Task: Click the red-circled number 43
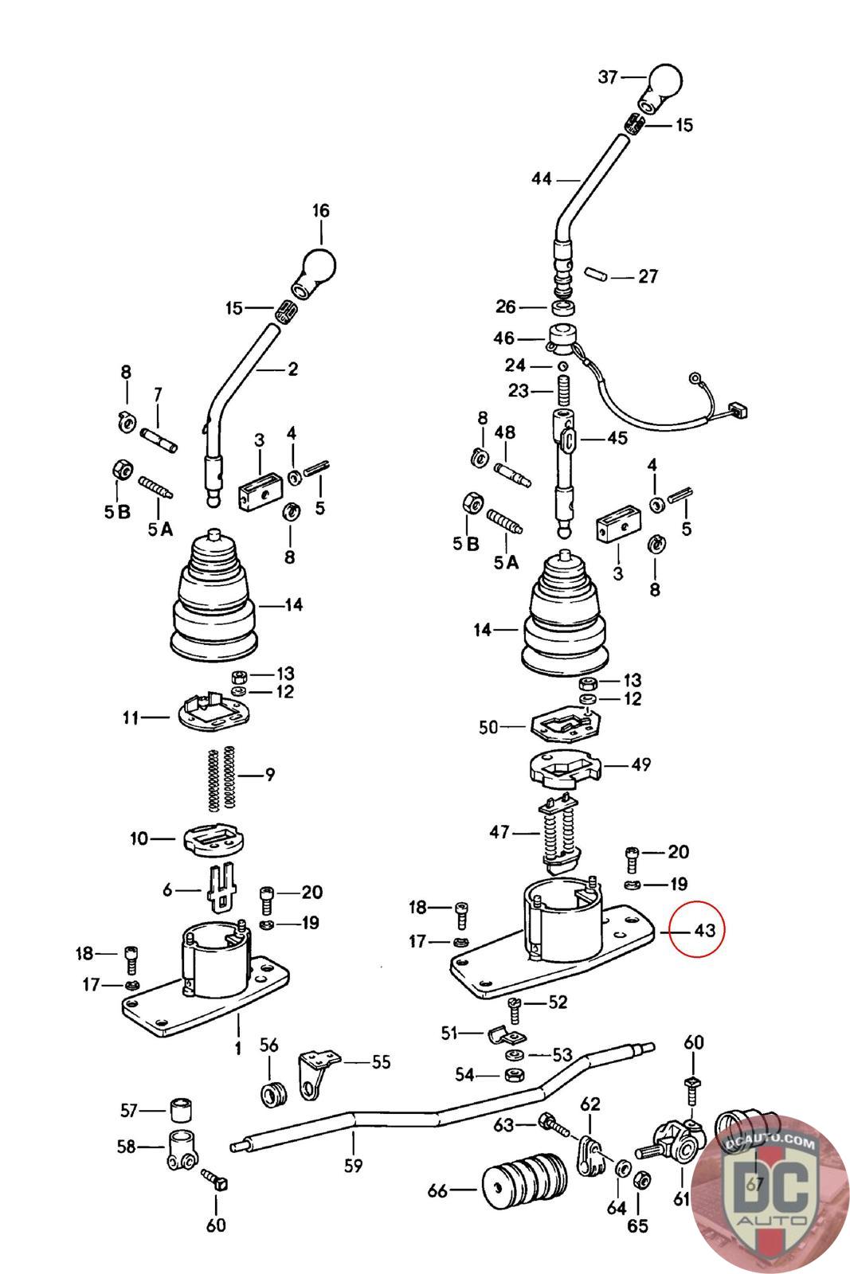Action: tap(704, 931)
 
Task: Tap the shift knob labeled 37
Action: tap(661, 88)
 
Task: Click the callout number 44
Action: tap(542, 179)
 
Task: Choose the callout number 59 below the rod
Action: tap(353, 1166)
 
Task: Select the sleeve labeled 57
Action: tap(181, 1108)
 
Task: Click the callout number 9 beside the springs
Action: tap(270, 775)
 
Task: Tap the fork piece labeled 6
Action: tap(221, 889)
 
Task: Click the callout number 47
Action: tap(499, 832)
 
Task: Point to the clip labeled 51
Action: tap(506, 1035)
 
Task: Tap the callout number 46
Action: tap(503, 338)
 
